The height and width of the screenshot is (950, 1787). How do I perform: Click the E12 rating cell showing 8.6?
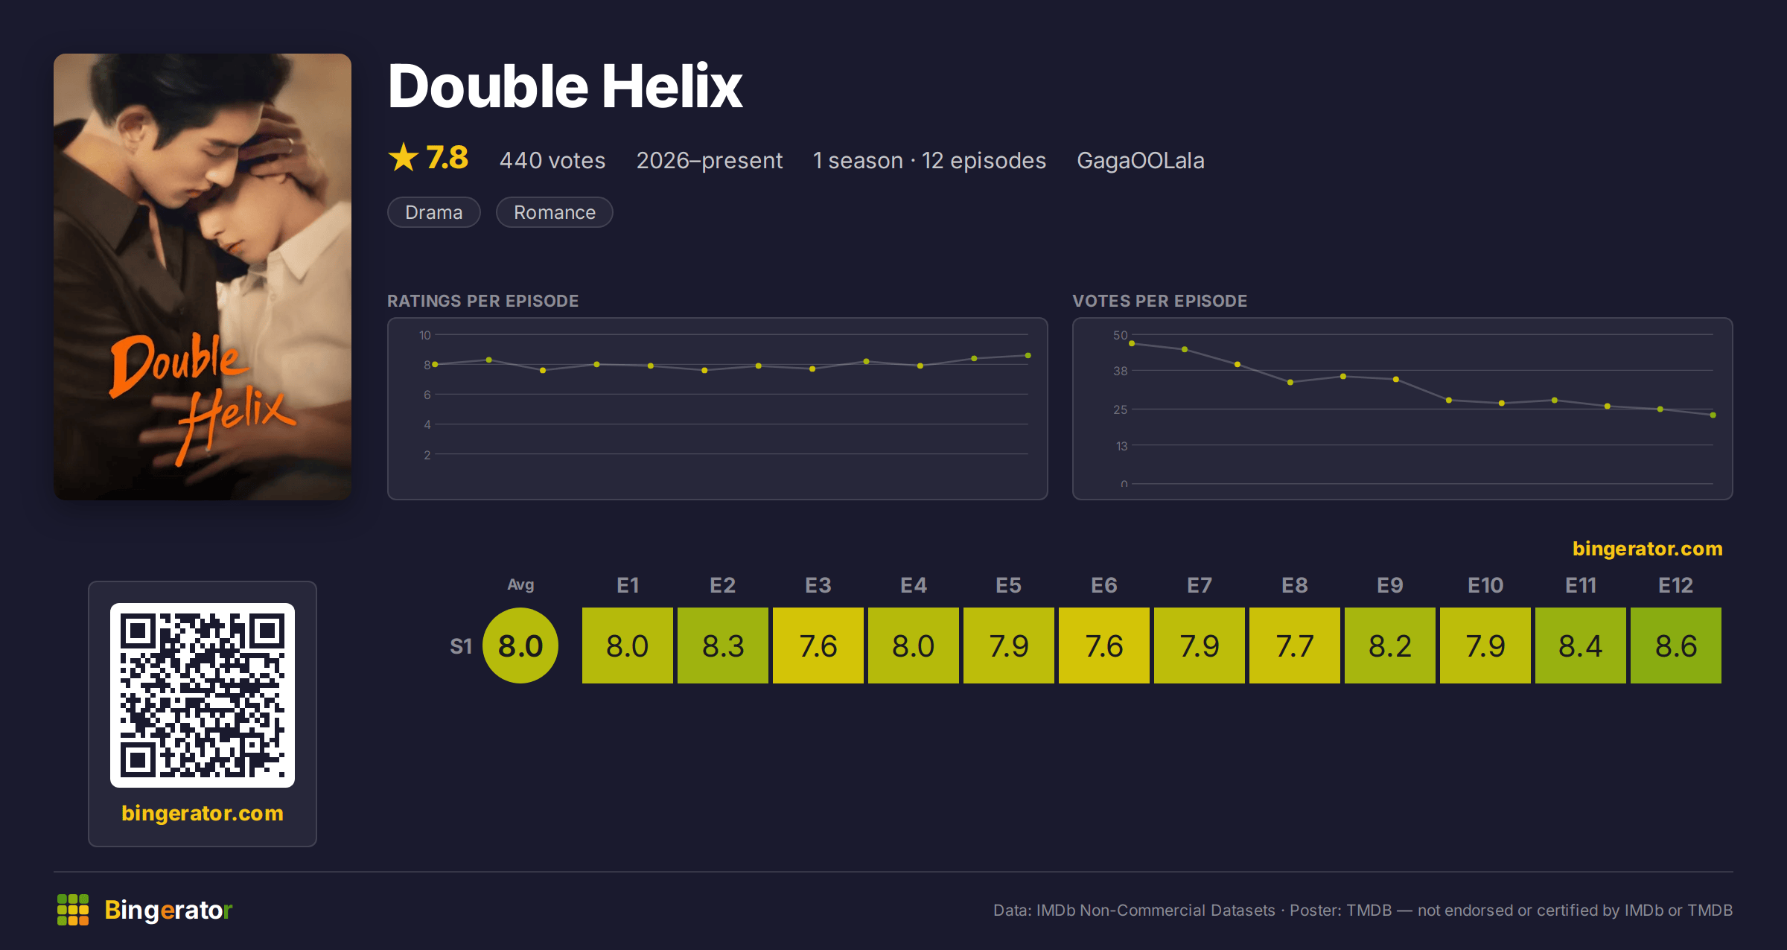pyautogui.click(x=1675, y=645)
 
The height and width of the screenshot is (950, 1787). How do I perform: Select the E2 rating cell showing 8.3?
pyautogui.click(x=722, y=645)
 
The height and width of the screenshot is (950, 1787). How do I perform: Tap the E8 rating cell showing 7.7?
pyautogui.click(x=1294, y=645)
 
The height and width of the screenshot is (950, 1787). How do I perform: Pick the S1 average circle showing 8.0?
pyautogui.click(x=520, y=645)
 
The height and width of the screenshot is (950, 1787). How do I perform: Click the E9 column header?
pyautogui.click(x=1389, y=585)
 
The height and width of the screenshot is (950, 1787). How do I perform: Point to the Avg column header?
pyautogui.click(x=520, y=585)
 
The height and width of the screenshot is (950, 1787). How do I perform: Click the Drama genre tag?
pyautogui.click(x=434, y=212)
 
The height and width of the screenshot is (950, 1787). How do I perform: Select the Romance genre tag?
pyautogui.click(x=555, y=212)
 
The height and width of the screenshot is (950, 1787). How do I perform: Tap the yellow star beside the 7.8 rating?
pyautogui.click(x=404, y=157)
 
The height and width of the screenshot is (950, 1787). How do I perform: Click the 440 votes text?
pyautogui.click(x=552, y=160)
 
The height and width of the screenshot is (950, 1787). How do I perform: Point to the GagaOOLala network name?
pyautogui.click(x=1141, y=160)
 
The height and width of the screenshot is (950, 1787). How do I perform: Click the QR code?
pyautogui.click(x=203, y=695)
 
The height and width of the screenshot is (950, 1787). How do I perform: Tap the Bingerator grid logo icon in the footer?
pyautogui.click(x=73, y=910)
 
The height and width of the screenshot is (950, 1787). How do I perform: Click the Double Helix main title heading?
pyautogui.click(x=565, y=86)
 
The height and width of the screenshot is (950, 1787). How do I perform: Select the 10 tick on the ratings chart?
pyautogui.click(x=424, y=335)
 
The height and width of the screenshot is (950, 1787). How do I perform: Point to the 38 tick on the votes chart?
pyautogui.click(x=1120, y=371)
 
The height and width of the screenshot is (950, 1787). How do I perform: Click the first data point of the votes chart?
pyautogui.click(x=1132, y=343)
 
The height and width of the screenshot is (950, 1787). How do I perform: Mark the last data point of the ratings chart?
pyautogui.click(x=1028, y=355)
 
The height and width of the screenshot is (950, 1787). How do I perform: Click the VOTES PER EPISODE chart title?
pyautogui.click(x=1159, y=301)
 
